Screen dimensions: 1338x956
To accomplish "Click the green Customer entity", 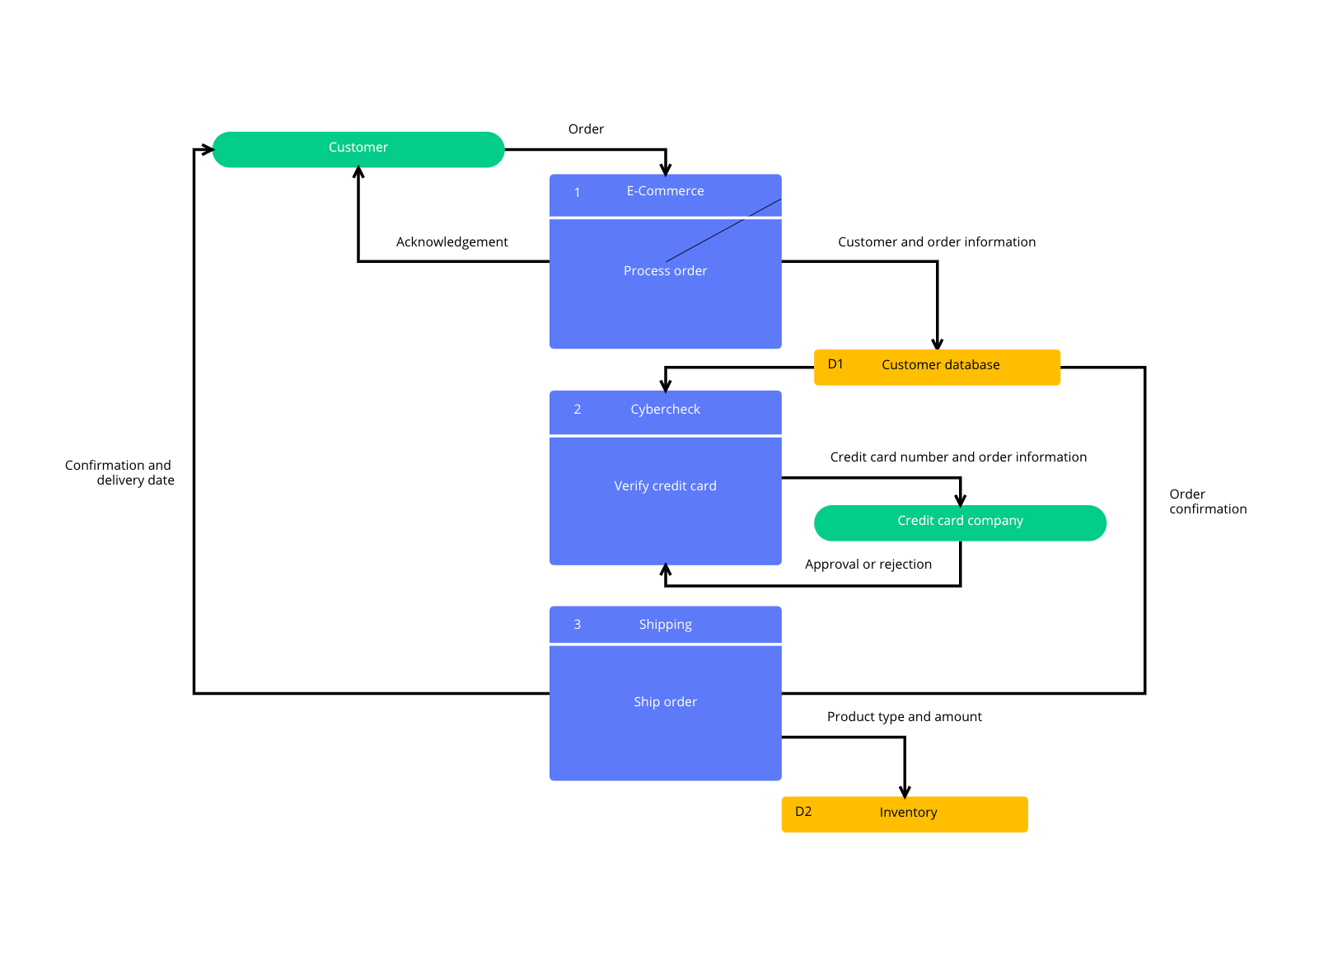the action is [x=358, y=149].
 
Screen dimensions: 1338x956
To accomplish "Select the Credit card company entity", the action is [x=960, y=523].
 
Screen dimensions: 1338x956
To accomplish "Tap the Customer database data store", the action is [x=937, y=368].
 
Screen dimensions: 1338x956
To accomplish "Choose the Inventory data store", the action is [x=905, y=814].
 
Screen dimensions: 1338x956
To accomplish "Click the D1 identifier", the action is [x=835, y=364].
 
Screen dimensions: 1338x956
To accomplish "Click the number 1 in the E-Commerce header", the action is [x=577, y=192].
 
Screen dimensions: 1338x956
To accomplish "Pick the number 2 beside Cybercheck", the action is [x=577, y=410].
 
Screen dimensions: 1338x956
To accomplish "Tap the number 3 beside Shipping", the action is [x=577, y=625].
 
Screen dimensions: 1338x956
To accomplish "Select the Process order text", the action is [x=665, y=270].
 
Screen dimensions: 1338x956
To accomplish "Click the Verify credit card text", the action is [x=665, y=485].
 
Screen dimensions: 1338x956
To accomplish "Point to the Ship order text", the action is [x=665, y=701].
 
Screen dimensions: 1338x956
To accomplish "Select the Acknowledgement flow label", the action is [x=451, y=242].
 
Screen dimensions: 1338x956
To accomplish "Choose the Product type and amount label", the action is [x=904, y=717].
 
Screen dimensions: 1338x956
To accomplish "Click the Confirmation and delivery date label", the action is [x=119, y=472].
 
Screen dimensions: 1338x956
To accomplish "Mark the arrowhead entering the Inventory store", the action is [x=905, y=792].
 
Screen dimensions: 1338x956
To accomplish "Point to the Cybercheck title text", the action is [x=665, y=410].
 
